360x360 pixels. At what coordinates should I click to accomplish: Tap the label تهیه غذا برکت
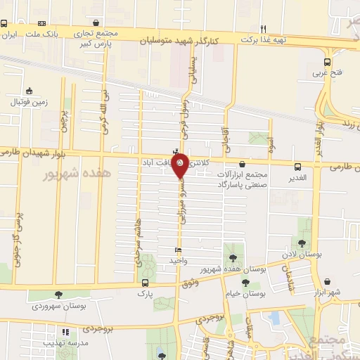(x=264, y=40)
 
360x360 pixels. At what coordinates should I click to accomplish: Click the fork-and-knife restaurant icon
(x=264, y=29)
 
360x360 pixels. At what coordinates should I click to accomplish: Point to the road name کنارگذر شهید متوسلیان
(x=181, y=31)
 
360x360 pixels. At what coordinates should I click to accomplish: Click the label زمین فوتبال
(x=28, y=101)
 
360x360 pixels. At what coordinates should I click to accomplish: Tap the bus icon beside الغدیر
(x=298, y=167)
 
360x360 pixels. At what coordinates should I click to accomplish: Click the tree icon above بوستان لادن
(x=302, y=243)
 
